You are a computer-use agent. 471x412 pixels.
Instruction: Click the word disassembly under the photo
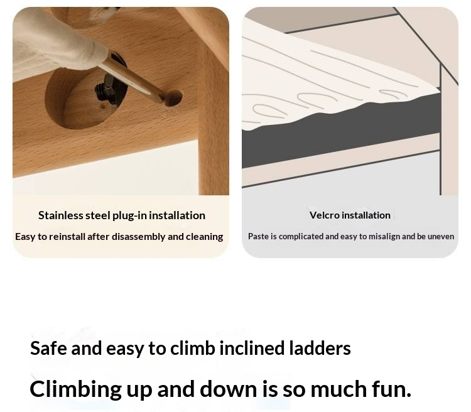(139, 237)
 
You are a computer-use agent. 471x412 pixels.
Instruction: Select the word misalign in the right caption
(384, 237)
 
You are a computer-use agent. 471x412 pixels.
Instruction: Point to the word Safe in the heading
(48, 348)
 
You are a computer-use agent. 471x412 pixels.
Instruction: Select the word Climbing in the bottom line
(76, 389)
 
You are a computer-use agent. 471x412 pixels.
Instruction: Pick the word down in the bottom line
(229, 389)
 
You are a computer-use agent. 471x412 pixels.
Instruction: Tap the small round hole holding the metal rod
(173, 98)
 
